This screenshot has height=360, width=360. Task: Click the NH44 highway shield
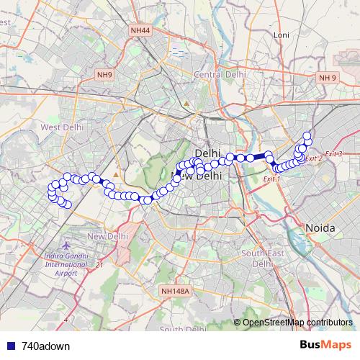[x=140, y=30]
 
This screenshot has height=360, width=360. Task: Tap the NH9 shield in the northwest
[x=105, y=75]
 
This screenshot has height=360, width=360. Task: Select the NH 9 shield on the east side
[x=328, y=77]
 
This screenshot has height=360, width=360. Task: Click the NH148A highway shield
[x=175, y=292]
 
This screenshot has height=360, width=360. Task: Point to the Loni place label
[x=281, y=35]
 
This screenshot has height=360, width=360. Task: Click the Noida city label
[x=320, y=228]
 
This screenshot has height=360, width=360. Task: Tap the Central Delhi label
[x=220, y=74]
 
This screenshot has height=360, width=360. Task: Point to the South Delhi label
[x=180, y=329]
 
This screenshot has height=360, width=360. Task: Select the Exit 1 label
[x=271, y=178]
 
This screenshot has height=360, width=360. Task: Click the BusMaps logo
[x=325, y=346]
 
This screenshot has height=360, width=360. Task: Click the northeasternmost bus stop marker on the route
[x=307, y=135]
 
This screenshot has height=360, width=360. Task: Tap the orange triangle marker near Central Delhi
[x=186, y=103]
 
